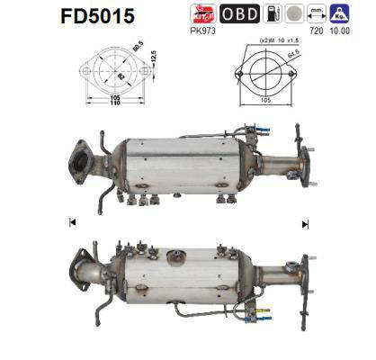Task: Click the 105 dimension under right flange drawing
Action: [267, 102]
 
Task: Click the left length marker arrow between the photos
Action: [71, 222]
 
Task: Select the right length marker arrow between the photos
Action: [305, 223]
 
